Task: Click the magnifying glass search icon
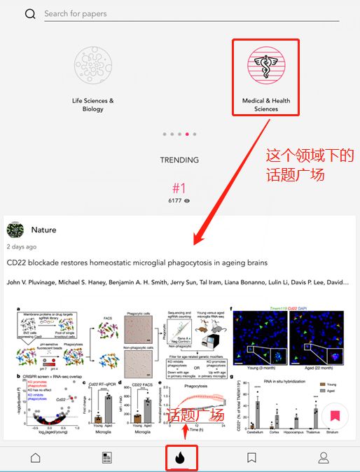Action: pyautogui.click(x=30, y=14)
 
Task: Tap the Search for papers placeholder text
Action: pyautogui.click(x=76, y=14)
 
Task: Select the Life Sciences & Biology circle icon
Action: pyautogui.click(x=93, y=66)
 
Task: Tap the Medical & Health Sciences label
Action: pyautogui.click(x=265, y=105)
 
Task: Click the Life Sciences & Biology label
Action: pyautogui.click(x=93, y=105)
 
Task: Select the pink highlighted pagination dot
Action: pyautogui.click(x=187, y=133)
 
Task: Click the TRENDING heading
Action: pyautogui.click(x=179, y=160)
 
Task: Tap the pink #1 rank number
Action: pyautogui.click(x=179, y=188)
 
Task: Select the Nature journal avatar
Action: pyautogui.click(x=15, y=230)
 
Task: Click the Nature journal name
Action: pyautogui.click(x=44, y=230)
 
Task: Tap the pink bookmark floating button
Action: pyautogui.click(x=335, y=415)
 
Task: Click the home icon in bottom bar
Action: pyautogui.click(x=35, y=458)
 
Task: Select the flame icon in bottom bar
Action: pyautogui.click(x=179, y=458)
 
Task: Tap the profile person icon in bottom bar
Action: pyautogui.click(x=324, y=458)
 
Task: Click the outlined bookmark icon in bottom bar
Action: pyautogui.click(x=251, y=458)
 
